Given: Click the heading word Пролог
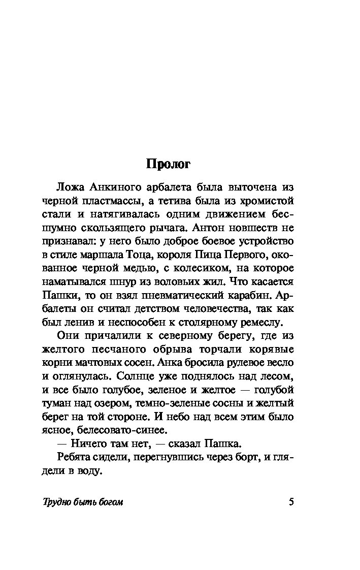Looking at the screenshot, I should click(168, 164).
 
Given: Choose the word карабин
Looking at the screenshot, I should click(254, 295).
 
